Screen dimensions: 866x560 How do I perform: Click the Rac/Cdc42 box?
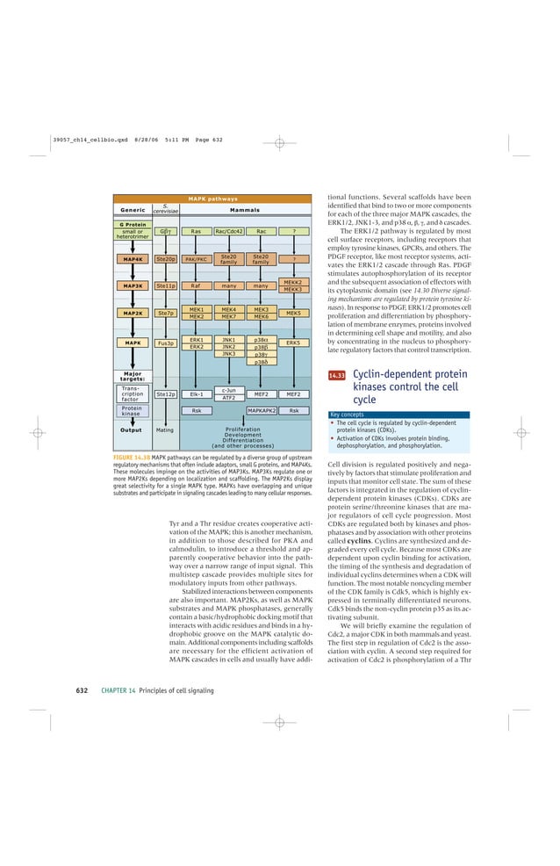click(228, 232)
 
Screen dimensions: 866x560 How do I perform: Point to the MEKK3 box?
click(293, 289)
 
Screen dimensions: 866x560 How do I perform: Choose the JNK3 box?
click(228, 354)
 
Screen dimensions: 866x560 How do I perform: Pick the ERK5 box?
click(293, 343)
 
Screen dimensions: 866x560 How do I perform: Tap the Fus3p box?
click(165, 343)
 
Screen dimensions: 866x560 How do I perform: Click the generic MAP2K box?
click(133, 313)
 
